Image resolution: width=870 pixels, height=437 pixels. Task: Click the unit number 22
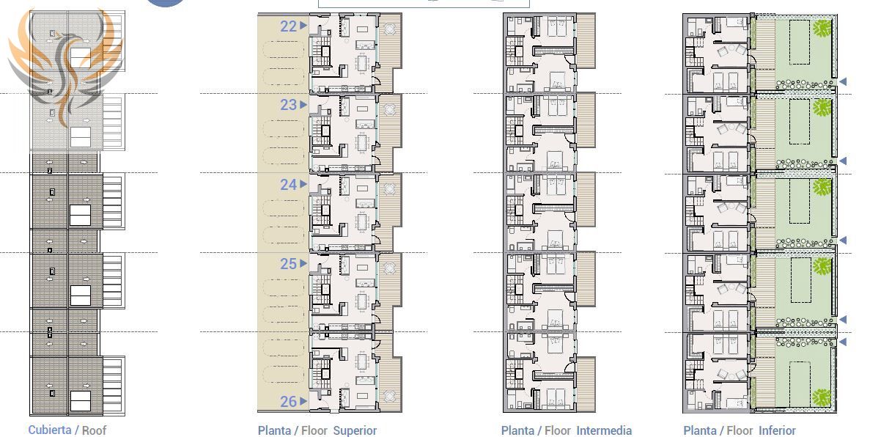click(289, 26)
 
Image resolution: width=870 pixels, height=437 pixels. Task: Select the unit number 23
click(289, 105)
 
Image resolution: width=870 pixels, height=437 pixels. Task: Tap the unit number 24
click(289, 184)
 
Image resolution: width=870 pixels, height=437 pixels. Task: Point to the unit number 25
click(289, 264)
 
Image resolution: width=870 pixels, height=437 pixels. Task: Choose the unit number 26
click(289, 402)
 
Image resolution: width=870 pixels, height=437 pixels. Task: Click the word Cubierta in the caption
click(49, 430)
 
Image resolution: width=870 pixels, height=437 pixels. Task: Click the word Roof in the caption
click(95, 430)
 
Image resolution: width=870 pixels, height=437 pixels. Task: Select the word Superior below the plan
click(355, 430)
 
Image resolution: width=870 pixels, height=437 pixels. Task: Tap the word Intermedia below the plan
click(604, 430)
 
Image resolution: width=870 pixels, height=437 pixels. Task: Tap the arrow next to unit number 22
click(303, 25)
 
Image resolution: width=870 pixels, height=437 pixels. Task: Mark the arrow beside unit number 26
click(303, 401)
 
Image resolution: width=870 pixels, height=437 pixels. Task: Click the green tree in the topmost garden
click(822, 29)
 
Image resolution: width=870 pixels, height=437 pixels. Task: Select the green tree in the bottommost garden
click(822, 397)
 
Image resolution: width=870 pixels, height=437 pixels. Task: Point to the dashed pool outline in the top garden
click(800, 43)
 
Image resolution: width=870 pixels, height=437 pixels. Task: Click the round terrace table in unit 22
click(390, 29)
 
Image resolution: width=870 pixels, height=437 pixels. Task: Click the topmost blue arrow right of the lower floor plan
click(842, 81)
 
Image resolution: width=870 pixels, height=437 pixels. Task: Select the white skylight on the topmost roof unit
click(81, 56)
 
